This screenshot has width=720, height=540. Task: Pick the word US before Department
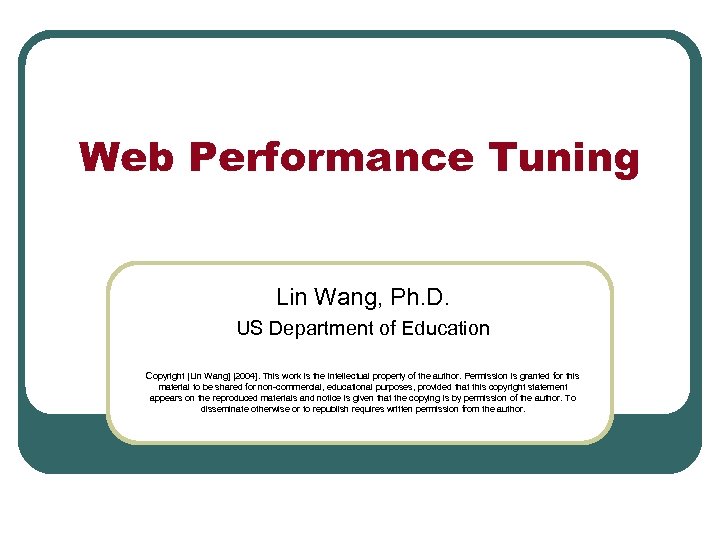tap(248, 328)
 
